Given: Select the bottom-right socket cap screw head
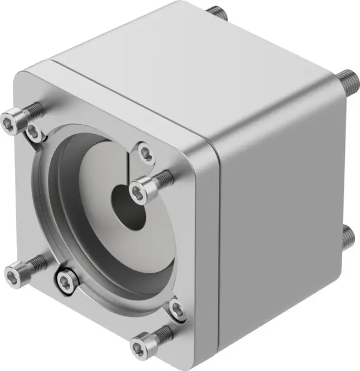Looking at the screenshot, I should [x=139, y=345].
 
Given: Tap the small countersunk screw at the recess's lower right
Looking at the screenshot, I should [x=176, y=309].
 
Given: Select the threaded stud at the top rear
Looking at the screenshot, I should [x=217, y=11].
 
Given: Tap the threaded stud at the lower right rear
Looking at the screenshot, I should [x=348, y=235].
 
